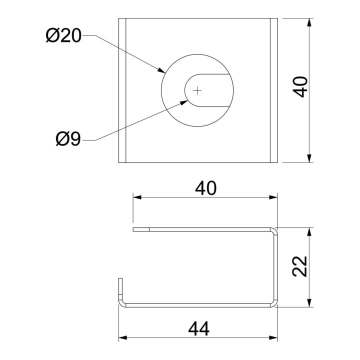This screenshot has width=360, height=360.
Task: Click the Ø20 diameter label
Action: coord(63,35)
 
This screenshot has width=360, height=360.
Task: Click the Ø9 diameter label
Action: coord(68,139)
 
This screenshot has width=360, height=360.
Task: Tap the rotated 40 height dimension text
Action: coord(300,87)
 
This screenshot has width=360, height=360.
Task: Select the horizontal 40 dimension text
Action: coord(205,188)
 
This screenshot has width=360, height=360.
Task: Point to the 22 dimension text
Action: coord(300,266)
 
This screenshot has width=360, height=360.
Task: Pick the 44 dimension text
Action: coord(198,328)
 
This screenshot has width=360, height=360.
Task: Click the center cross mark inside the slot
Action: coord(197,90)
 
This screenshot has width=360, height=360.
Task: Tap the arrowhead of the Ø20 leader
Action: coord(161,70)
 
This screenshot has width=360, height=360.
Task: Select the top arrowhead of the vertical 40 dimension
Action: coord(309,22)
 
